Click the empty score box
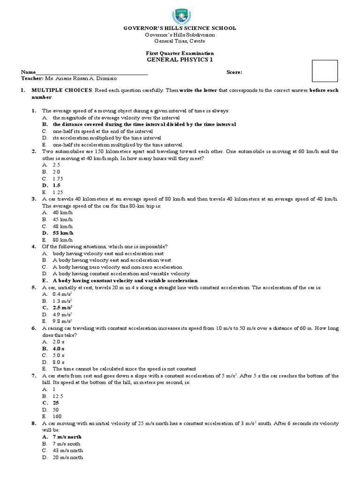pos(324,71)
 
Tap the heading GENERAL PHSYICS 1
pos(180,60)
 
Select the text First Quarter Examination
pos(180,53)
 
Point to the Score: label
pos(234,73)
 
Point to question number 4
pos(34,247)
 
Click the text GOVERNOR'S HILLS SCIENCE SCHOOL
pos(180,28)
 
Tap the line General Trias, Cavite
pos(180,41)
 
